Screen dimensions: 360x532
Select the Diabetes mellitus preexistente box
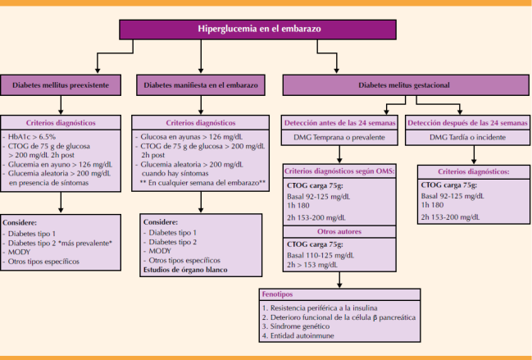61,85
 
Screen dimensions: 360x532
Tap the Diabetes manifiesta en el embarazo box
201,85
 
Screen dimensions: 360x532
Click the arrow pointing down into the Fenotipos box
340,281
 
